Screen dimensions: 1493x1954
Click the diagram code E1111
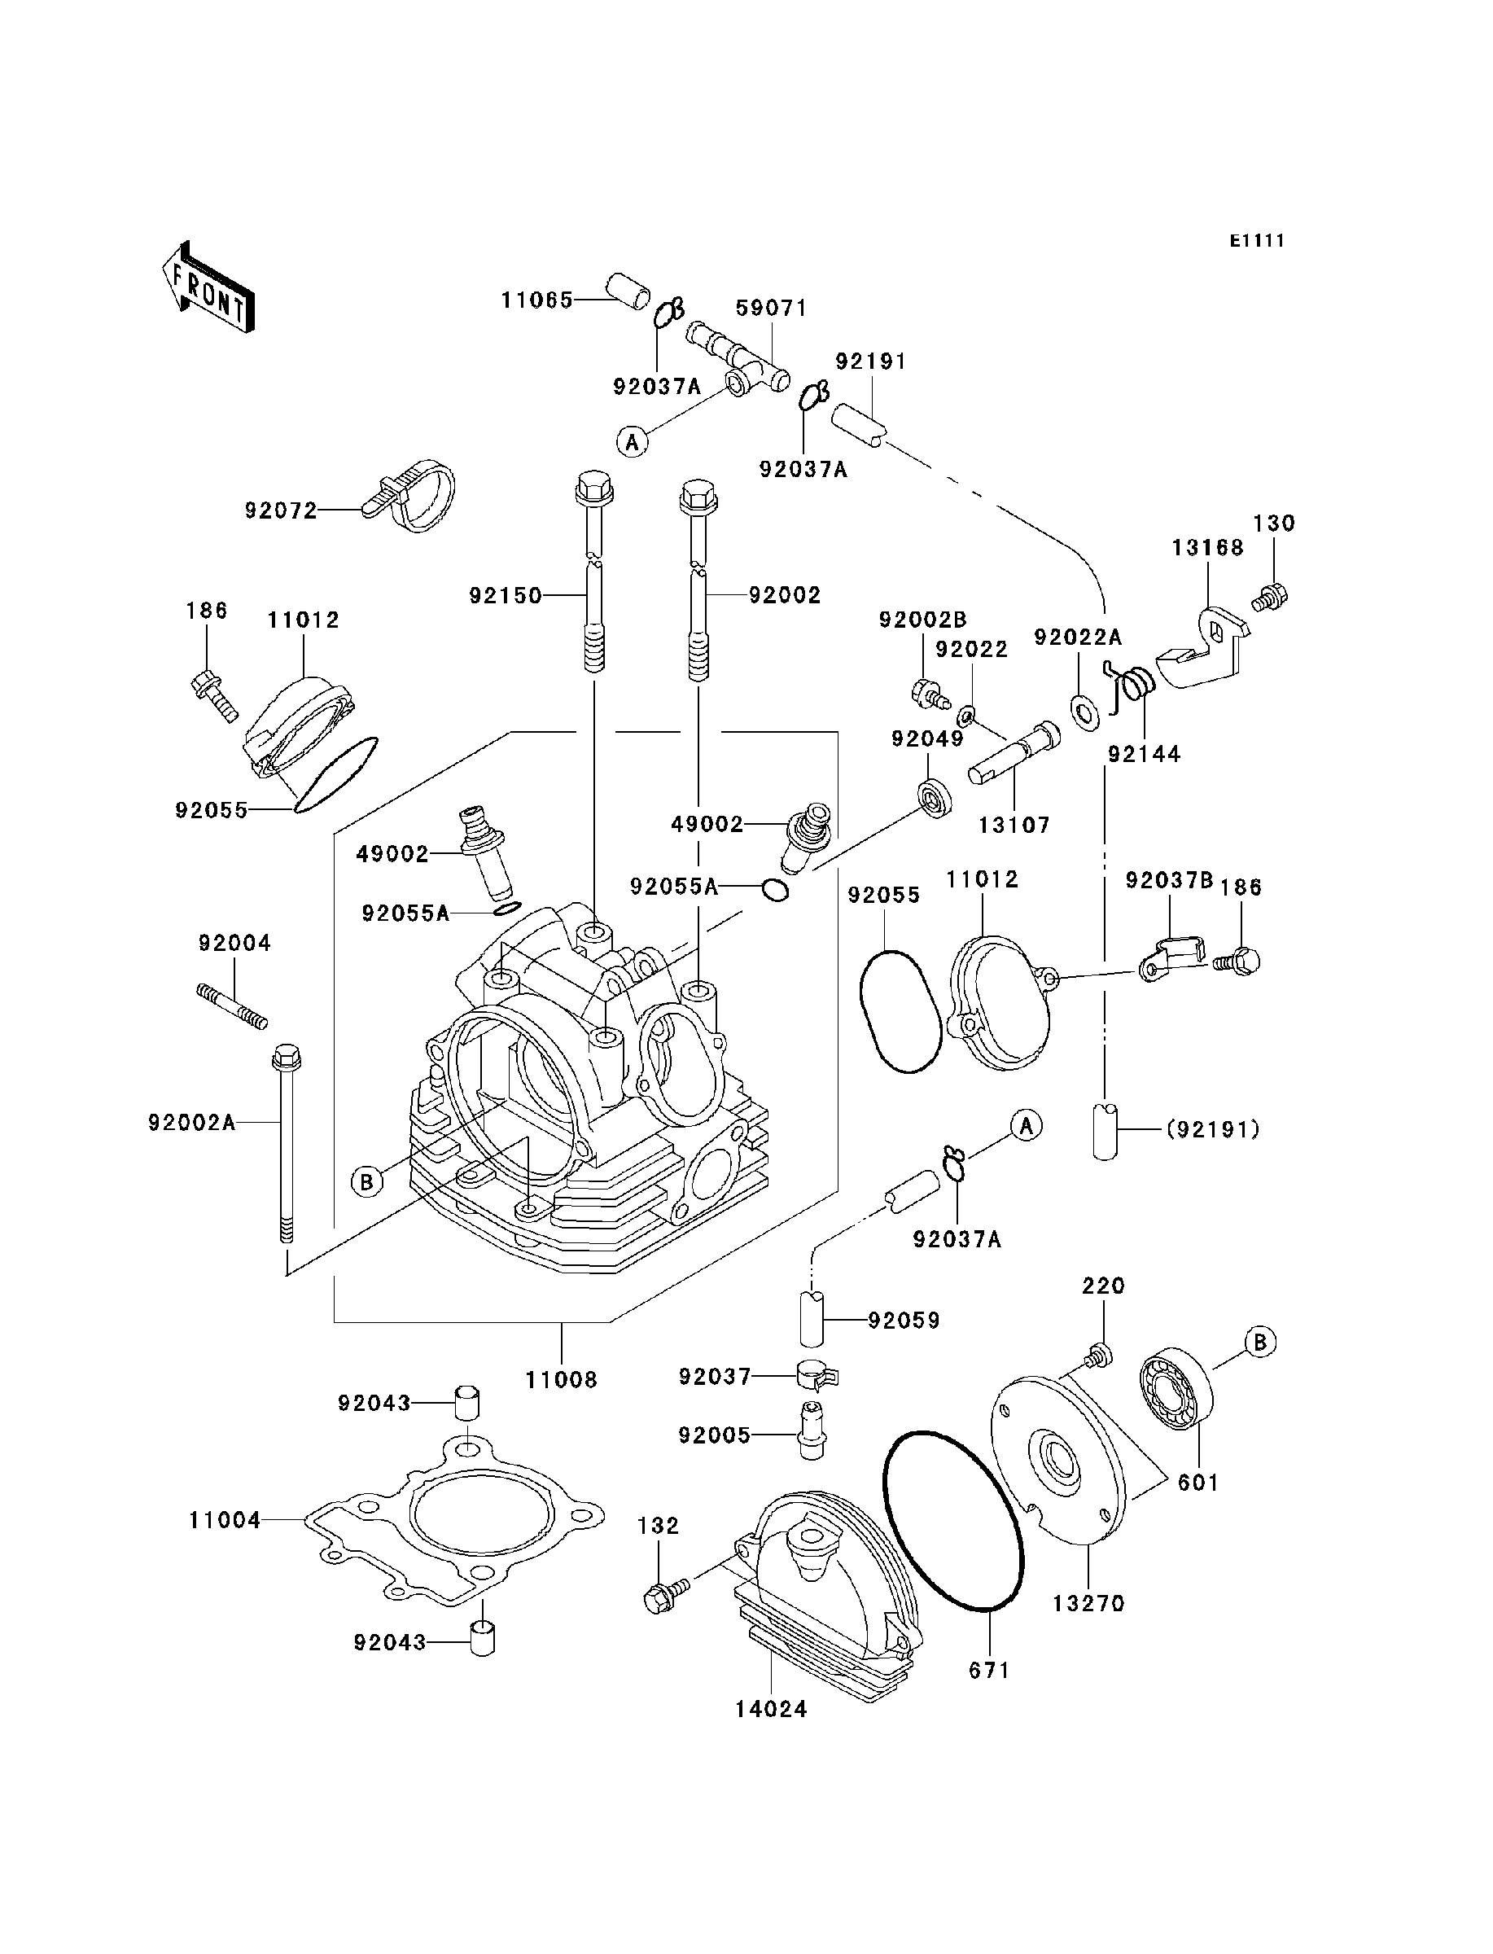[x=1257, y=241]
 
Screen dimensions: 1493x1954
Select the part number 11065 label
[x=536, y=300]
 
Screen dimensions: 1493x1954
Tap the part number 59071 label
[x=772, y=309]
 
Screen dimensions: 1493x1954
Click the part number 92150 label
[x=506, y=595]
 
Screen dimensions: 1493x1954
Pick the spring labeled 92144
[x=1132, y=686]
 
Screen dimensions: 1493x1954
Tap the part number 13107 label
[x=1014, y=826]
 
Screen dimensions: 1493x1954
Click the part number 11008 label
[x=561, y=1380]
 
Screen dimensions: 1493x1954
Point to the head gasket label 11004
[x=225, y=1520]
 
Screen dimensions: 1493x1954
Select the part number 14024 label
[x=772, y=1709]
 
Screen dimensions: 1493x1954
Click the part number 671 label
[x=989, y=1671]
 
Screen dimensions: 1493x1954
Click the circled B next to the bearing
[x=1259, y=1342]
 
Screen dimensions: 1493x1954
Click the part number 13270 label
[x=1088, y=1604]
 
